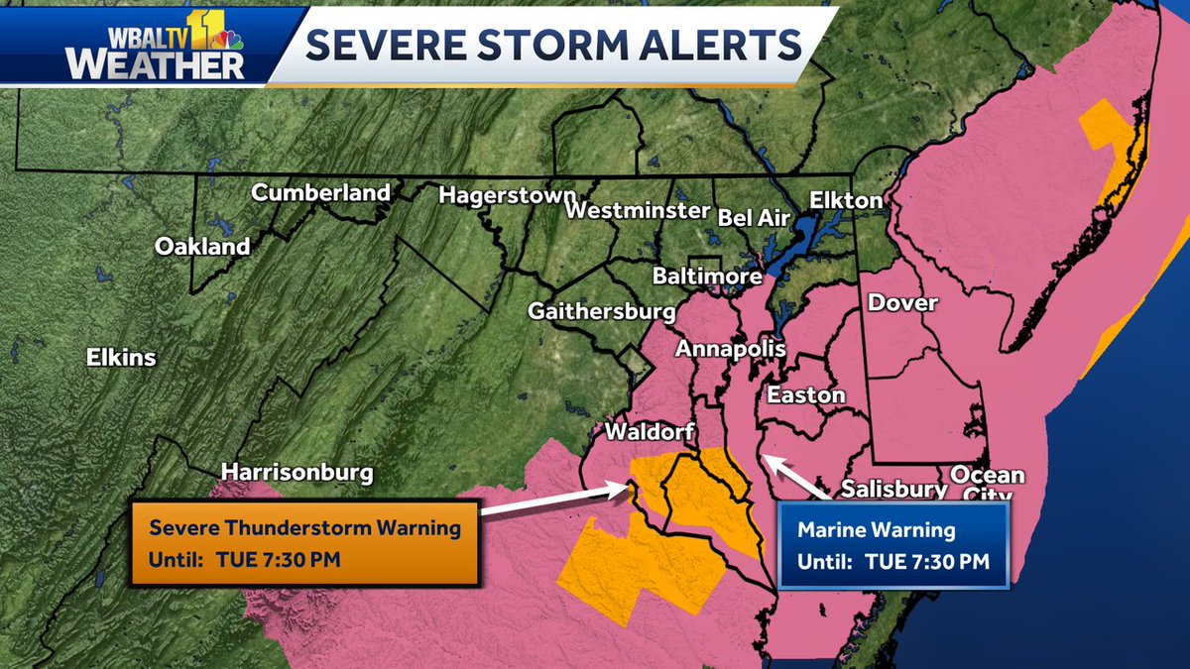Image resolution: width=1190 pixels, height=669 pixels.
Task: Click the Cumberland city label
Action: click(x=320, y=192)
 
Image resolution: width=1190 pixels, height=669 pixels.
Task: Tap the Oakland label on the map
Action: click(x=202, y=247)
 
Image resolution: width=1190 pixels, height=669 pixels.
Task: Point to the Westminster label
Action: click(x=638, y=211)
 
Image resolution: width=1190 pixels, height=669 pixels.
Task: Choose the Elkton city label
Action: click(x=845, y=200)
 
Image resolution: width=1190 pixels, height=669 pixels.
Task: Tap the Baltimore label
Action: click(x=707, y=276)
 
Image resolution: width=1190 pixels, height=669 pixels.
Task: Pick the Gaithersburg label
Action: click(x=602, y=311)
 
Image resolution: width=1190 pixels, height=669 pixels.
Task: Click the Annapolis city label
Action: click(x=730, y=349)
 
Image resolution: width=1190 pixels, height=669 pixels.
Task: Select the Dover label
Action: click(x=902, y=303)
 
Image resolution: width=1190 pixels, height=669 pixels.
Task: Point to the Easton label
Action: click(x=806, y=394)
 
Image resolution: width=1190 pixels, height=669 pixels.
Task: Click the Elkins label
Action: click(x=121, y=357)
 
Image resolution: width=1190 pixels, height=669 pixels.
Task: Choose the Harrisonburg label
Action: click(x=297, y=472)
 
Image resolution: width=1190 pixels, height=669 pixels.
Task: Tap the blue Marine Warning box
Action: click(x=892, y=545)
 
